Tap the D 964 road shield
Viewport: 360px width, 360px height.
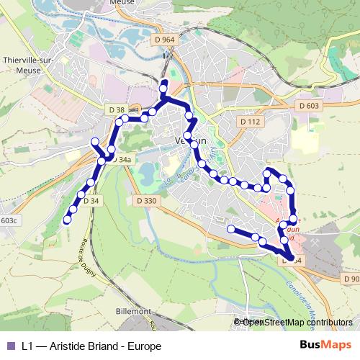tap(163, 40)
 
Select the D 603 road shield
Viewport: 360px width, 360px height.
tap(307, 106)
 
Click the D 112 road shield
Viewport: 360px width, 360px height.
tap(250, 122)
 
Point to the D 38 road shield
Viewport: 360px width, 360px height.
tap(114, 109)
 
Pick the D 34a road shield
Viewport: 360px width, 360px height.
tap(123, 159)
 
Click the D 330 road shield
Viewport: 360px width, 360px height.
tap(145, 201)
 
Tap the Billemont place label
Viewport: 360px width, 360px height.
tap(132, 311)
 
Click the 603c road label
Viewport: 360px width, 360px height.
tap(9, 221)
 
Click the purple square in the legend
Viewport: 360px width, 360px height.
tap(10, 346)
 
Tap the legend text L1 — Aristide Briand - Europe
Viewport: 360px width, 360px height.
tap(91, 346)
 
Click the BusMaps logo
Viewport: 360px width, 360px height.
tap(326, 346)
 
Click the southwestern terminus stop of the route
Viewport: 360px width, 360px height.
tap(68, 220)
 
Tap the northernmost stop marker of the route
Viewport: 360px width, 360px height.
tap(163, 83)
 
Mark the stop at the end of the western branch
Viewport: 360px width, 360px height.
tap(94, 140)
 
